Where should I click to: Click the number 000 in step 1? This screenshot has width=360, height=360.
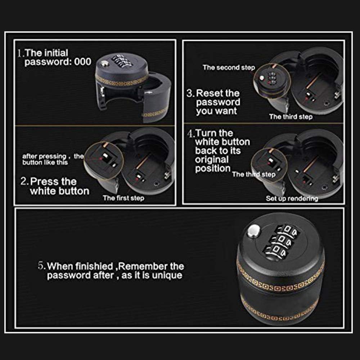pyautogui.click(x=82, y=62)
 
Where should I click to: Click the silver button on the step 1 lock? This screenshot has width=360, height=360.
pyautogui.click(x=104, y=63)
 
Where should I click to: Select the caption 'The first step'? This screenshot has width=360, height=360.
pyautogui.click(x=123, y=198)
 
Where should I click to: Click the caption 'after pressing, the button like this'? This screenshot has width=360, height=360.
pyautogui.click(x=53, y=159)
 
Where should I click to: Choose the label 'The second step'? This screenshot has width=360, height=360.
pyautogui.click(x=229, y=67)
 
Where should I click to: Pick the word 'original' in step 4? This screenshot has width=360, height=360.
pyautogui.click(x=212, y=159)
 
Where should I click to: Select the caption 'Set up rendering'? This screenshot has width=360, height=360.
pyautogui.click(x=292, y=198)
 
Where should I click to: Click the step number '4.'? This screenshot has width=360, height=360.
pyautogui.click(x=191, y=134)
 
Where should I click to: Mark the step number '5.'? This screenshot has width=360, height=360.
pyautogui.click(x=42, y=266)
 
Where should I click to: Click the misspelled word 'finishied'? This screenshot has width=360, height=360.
pyautogui.click(x=96, y=267)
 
